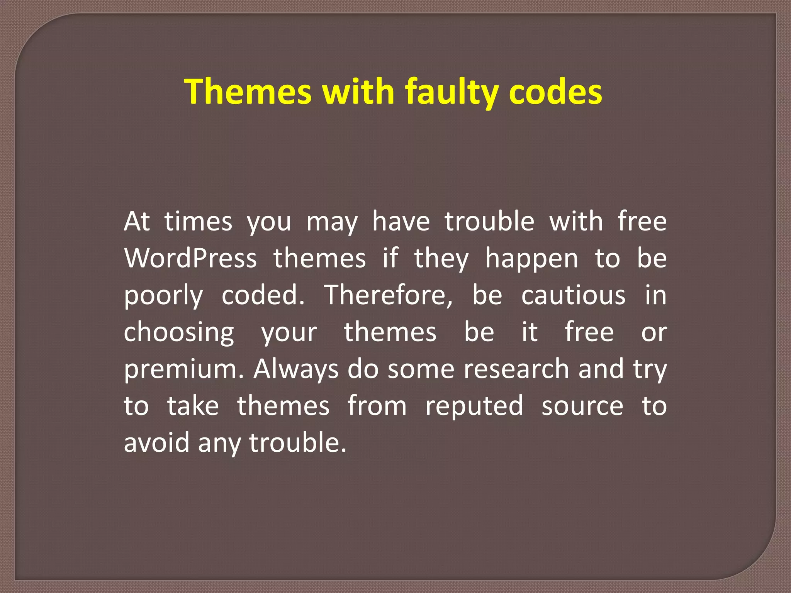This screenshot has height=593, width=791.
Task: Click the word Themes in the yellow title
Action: (248, 91)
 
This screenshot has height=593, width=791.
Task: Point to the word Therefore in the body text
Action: (388, 295)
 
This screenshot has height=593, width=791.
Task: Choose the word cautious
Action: (573, 296)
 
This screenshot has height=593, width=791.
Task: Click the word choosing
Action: (179, 332)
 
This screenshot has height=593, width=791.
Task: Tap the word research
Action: (516, 369)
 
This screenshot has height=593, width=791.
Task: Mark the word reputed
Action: (474, 406)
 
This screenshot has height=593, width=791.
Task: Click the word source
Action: (582, 406)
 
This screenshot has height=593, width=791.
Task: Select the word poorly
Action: (163, 296)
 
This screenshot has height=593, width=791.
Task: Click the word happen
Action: (532, 259)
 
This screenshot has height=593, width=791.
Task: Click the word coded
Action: (263, 295)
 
